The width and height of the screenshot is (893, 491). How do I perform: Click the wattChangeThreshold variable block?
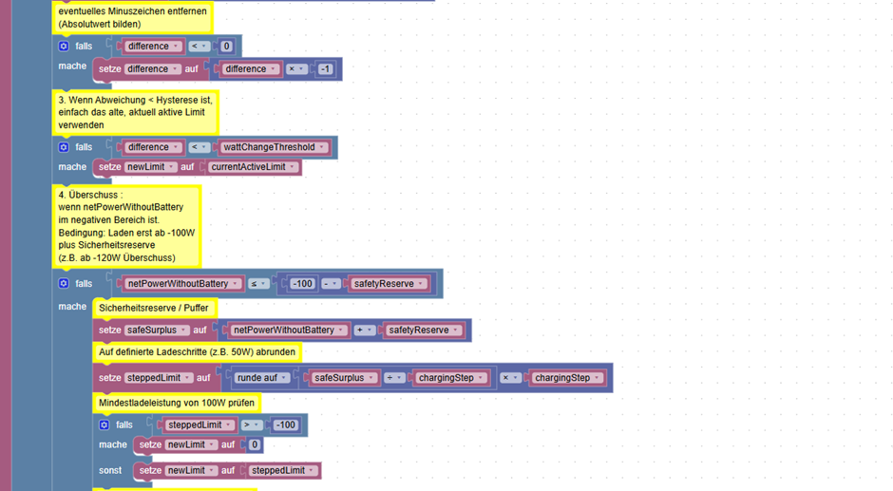[x=274, y=147]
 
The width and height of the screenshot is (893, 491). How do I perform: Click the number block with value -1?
[x=325, y=69]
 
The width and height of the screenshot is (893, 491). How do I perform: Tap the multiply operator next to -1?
[x=295, y=69]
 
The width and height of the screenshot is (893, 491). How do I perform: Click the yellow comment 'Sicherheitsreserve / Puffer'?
[x=154, y=308]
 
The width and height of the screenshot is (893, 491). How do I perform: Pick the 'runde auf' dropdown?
[x=261, y=378]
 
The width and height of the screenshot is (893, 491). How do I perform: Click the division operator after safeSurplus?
[x=393, y=378]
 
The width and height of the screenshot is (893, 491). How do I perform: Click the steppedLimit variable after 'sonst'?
[x=282, y=470]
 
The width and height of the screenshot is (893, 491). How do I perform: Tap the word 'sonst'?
[x=110, y=470]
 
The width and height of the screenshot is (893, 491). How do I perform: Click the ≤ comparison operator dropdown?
[x=258, y=284]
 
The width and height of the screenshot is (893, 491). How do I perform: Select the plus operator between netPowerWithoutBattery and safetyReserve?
[x=363, y=330]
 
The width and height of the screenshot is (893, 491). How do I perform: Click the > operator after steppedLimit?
[x=251, y=425]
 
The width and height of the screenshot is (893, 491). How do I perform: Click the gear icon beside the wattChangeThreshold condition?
[x=64, y=147]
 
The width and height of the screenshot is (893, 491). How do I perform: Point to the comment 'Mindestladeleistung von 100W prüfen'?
[x=177, y=403]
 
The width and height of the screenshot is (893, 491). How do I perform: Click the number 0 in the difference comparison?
[x=226, y=47]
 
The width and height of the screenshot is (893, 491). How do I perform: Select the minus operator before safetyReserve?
[x=331, y=284]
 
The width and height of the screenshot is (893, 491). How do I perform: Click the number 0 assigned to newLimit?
[x=255, y=444]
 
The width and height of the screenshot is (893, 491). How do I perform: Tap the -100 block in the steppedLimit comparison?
[x=285, y=425]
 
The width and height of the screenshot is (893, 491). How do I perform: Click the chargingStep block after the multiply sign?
[x=566, y=378]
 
